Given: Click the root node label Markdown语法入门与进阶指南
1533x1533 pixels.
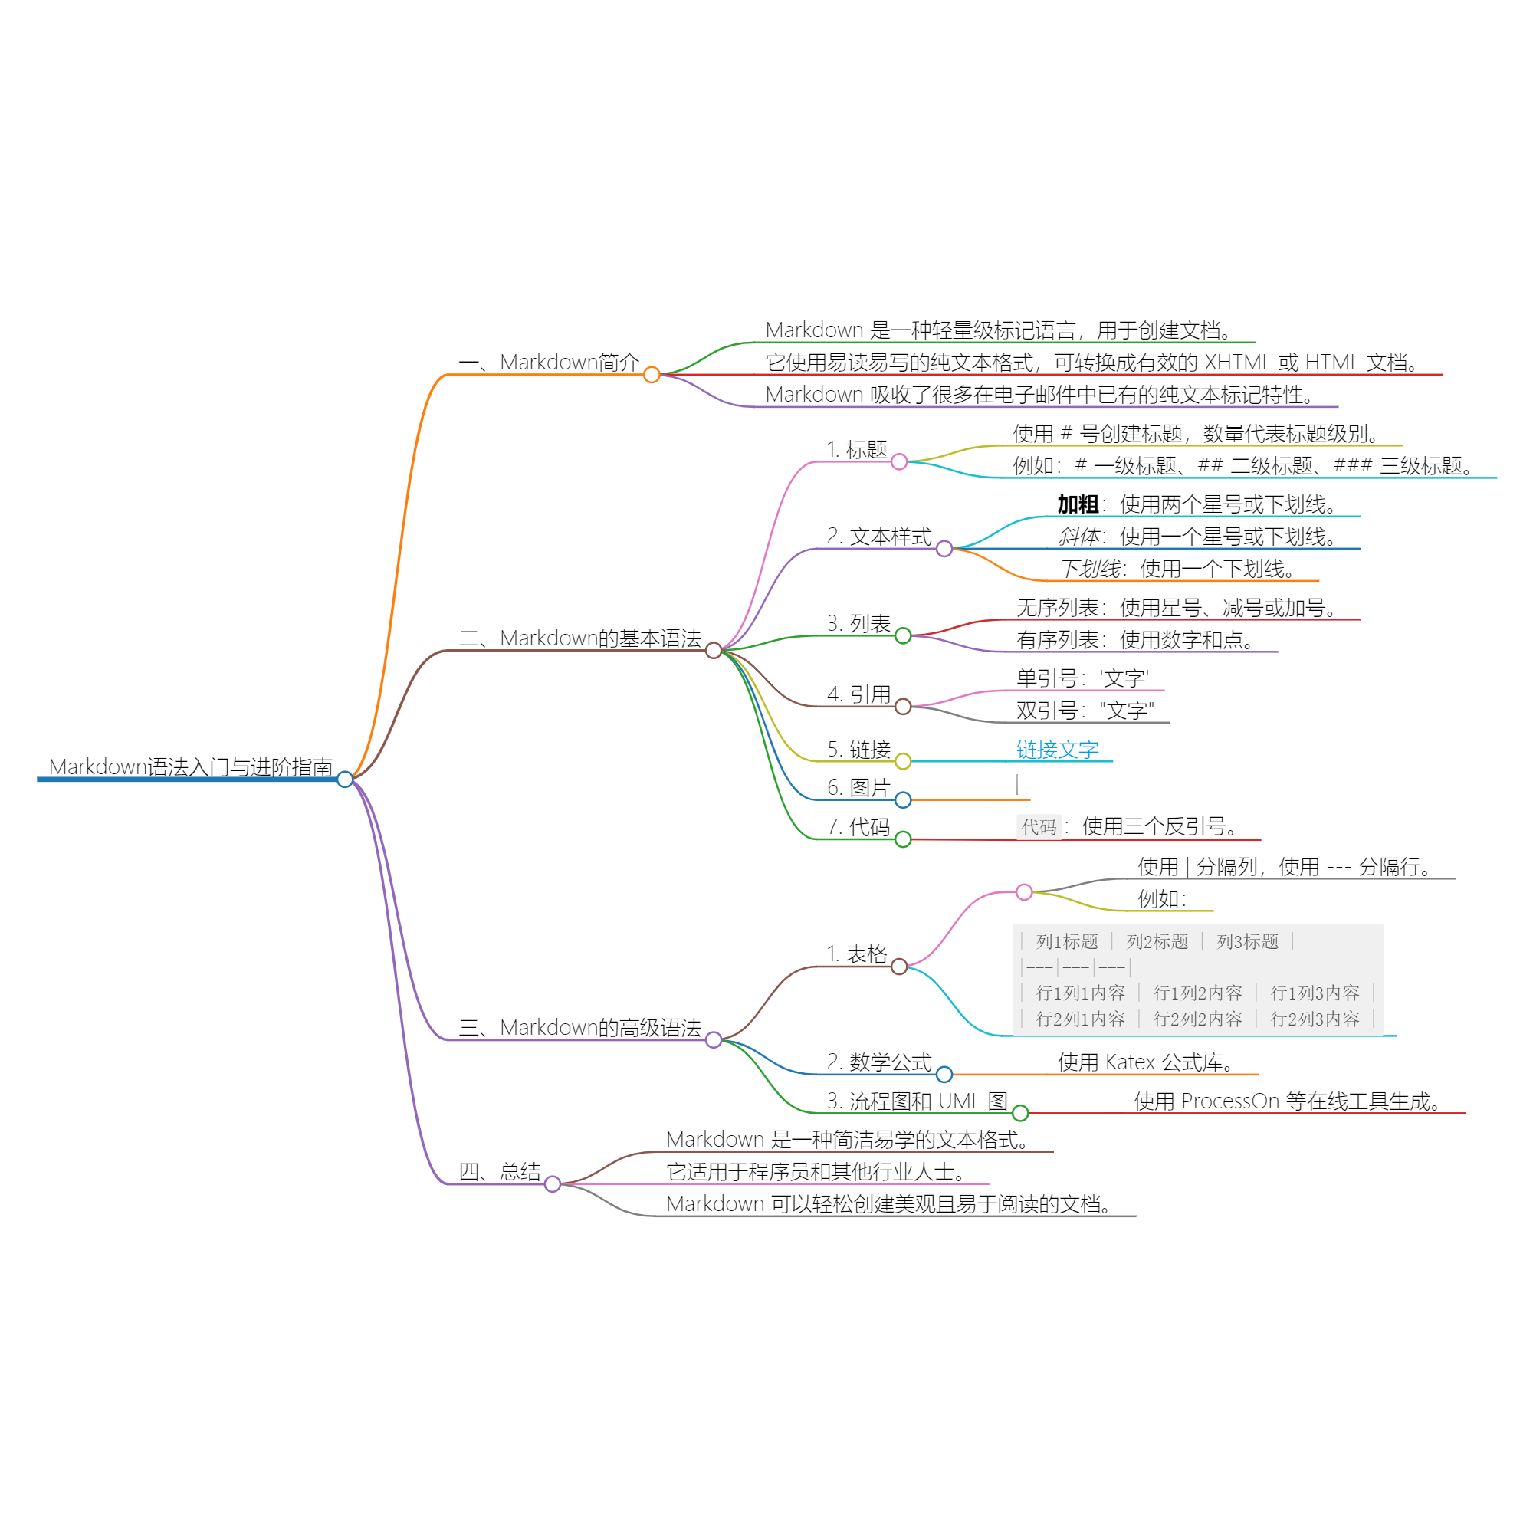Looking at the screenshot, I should tap(190, 767).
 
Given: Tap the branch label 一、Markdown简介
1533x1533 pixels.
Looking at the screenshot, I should tap(549, 363).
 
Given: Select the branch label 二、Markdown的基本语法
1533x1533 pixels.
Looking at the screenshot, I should tap(580, 638).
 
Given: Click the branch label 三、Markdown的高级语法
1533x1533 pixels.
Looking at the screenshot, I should tap(580, 1028).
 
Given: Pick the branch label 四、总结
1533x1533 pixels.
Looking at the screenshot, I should tap(499, 1172).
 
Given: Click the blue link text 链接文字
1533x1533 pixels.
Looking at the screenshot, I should tap(1058, 750).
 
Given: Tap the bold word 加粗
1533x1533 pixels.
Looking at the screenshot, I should tap(1078, 504).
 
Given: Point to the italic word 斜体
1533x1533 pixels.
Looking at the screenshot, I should tap(1078, 537).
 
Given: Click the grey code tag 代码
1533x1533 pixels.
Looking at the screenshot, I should tap(1039, 828).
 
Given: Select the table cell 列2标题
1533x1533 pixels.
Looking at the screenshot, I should tap(1157, 942).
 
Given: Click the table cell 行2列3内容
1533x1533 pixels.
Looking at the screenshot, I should tap(1315, 1019).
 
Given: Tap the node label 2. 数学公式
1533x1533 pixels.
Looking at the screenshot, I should tap(879, 1062).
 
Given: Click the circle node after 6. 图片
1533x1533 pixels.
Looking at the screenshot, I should tap(903, 799).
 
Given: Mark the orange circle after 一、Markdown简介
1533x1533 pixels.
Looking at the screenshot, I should tap(652, 375).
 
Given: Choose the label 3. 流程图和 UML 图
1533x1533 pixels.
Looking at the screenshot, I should tap(918, 1101).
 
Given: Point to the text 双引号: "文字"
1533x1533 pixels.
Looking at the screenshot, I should tap(1085, 711).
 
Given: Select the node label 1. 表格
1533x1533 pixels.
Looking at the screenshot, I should tap(857, 954).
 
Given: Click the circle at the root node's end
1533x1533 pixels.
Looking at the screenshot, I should tap(345, 780).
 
